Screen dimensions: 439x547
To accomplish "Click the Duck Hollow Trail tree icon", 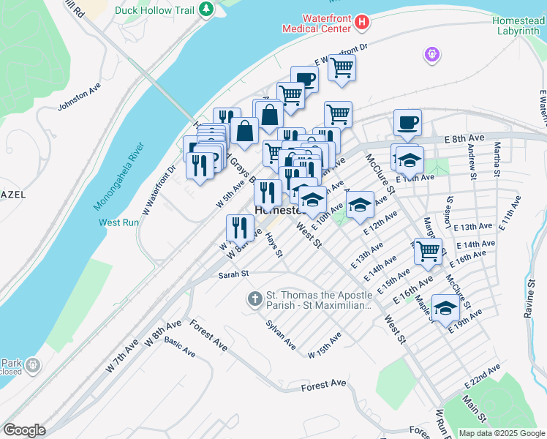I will click(x=208, y=9).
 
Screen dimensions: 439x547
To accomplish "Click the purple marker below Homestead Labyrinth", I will click(x=431, y=54).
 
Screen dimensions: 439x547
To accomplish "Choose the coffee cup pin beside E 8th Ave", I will click(x=407, y=122).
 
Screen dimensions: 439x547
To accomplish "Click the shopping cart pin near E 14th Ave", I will click(x=429, y=251).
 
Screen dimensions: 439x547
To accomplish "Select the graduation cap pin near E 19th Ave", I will click(x=445, y=308).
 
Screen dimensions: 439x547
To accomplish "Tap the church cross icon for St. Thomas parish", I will click(x=254, y=299).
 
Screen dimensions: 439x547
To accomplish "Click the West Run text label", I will click(x=118, y=222).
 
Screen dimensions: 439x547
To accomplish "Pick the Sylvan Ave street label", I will click(x=281, y=334).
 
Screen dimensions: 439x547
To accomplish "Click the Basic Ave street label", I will click(x=180, y=347).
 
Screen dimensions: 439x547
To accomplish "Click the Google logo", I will click(x=24, y=430).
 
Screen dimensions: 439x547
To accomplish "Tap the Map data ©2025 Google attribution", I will click(x=501, y=433).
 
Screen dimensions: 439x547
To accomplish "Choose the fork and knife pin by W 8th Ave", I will click(x=239, y=228).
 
